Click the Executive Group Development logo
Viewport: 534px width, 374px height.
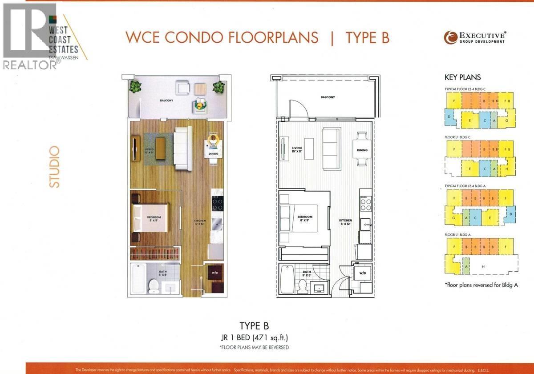pyautogui.click(x=474, y=37)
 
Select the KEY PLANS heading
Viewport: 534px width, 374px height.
pyautogui.click(x=462, y=77)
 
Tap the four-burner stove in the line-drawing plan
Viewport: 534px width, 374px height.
pyautogui.click(x=365, y=204)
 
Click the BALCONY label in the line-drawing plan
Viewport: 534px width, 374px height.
pyautogui.click(x=328, y=97)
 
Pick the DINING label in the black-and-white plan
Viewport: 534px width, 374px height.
pyautogui.click(x=362, y=150)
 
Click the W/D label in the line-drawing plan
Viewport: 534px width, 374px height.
pyautogui.click(x=363, y=273)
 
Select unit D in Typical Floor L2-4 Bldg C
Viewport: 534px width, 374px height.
pyautogui.click(x=450, y=117)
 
